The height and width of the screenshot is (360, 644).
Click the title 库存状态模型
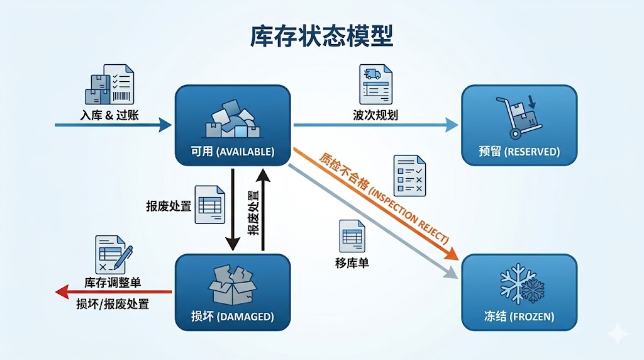click(321, 37)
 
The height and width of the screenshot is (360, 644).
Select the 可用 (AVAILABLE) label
click(233, 152)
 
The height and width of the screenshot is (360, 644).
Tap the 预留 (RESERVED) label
click(519, 152)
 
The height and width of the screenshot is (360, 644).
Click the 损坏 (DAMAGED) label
click(233, 317)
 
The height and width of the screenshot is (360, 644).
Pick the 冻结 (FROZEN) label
click(519, 317)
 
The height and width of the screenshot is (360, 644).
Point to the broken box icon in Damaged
click(233, 285)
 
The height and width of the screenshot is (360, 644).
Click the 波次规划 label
click(375, 115)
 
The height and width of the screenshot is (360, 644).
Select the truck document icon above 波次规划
click(375, 84)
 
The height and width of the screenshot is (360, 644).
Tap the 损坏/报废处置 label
click(113, 304)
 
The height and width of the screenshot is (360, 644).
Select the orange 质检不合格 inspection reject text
click(384, 198)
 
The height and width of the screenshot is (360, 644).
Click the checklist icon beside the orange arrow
click(409, 174)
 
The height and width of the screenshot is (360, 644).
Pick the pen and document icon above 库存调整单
click(113, 254)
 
